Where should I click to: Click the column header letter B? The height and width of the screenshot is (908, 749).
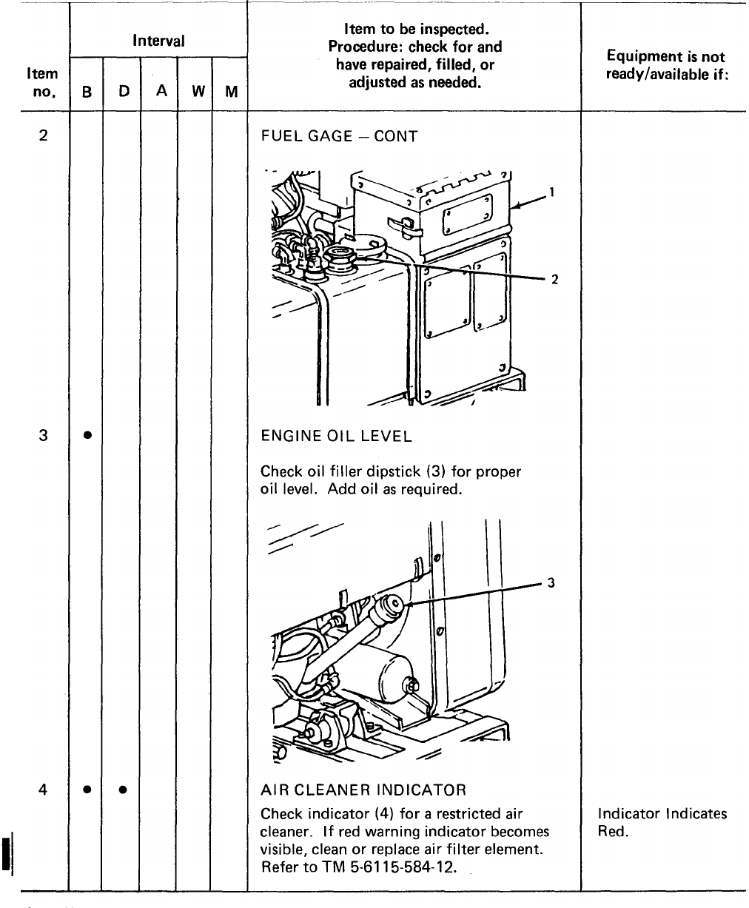click(x=87, y=93)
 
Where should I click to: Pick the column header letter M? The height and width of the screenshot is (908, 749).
click(x=231, y=93)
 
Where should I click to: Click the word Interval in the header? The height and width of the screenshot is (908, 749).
click(x=158, y=41)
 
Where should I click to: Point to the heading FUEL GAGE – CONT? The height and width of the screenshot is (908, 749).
click(x=339, y=137)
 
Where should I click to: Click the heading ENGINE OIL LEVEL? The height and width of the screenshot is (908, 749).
click(x=336, y=437)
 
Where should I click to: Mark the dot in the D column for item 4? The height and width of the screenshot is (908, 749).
click(x=123, y=790)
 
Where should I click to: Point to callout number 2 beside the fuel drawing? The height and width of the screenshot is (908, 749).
click(x=552, y=279)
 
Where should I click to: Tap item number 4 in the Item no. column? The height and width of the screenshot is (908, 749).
click(x=44, y=789)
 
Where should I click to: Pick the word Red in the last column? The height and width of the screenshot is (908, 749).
click(x=612, y=832)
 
